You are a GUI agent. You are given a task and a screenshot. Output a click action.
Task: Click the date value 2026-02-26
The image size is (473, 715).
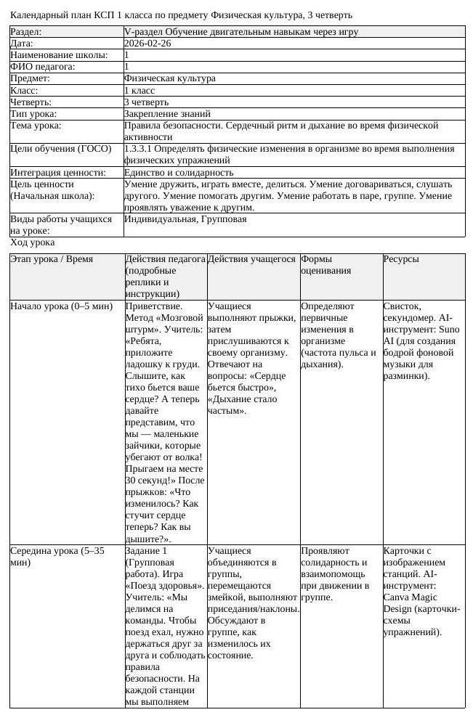pyautogui.click(x=147, y=44)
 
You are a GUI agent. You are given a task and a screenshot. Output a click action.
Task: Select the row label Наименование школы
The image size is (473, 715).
pyautogui.click(x=59, y=55)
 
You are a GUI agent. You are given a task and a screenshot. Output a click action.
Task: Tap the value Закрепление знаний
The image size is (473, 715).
pyautogui.click(x=167, y=114)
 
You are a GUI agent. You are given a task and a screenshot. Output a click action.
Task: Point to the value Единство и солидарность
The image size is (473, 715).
pyautogui.click(x=179, y=173)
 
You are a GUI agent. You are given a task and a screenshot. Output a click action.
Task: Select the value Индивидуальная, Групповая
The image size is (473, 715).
pyautogui.click(x=185, y=219)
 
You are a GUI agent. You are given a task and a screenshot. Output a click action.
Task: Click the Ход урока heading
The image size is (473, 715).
pyautogui.click(x=32, y=242)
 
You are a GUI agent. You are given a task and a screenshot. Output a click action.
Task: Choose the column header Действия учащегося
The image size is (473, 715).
pyautogui.click(x=251, y=259)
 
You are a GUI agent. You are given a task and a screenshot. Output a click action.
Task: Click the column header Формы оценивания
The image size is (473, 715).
pyautogui.click(x=326, y=265)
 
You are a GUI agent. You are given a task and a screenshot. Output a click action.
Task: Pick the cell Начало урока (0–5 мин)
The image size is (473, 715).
pyautogui.click(x=61, y=306)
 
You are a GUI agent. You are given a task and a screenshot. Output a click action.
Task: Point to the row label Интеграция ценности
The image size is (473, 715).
pyautogui.click(x=58, y=173)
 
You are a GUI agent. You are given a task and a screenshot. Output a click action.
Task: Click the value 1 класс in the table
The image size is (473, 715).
pyautogui.click(x=140, y=91)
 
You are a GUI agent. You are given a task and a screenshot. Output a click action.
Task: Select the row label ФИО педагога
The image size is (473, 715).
pyautogui.click(x=43, y=67)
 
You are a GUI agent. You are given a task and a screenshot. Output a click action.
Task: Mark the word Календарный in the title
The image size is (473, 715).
pyautogui.click(x=40, y=15)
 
